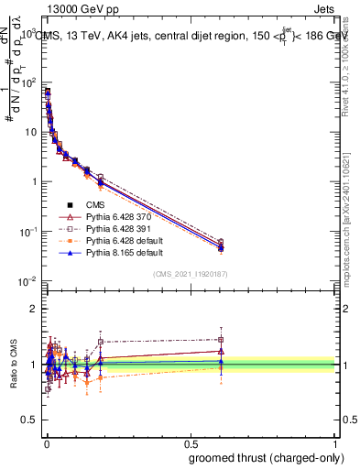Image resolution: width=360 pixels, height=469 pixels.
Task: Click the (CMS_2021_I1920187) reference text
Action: click(x=191, y=274)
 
